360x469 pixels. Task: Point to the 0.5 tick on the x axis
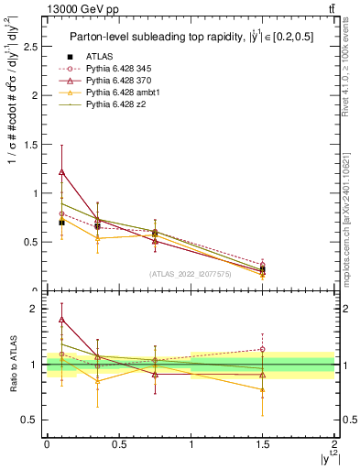point(118,442)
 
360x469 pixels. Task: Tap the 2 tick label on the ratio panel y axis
point(33,309)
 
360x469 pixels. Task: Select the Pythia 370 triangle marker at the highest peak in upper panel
point(61,171)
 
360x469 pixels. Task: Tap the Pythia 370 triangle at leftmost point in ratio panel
point(61,320)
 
